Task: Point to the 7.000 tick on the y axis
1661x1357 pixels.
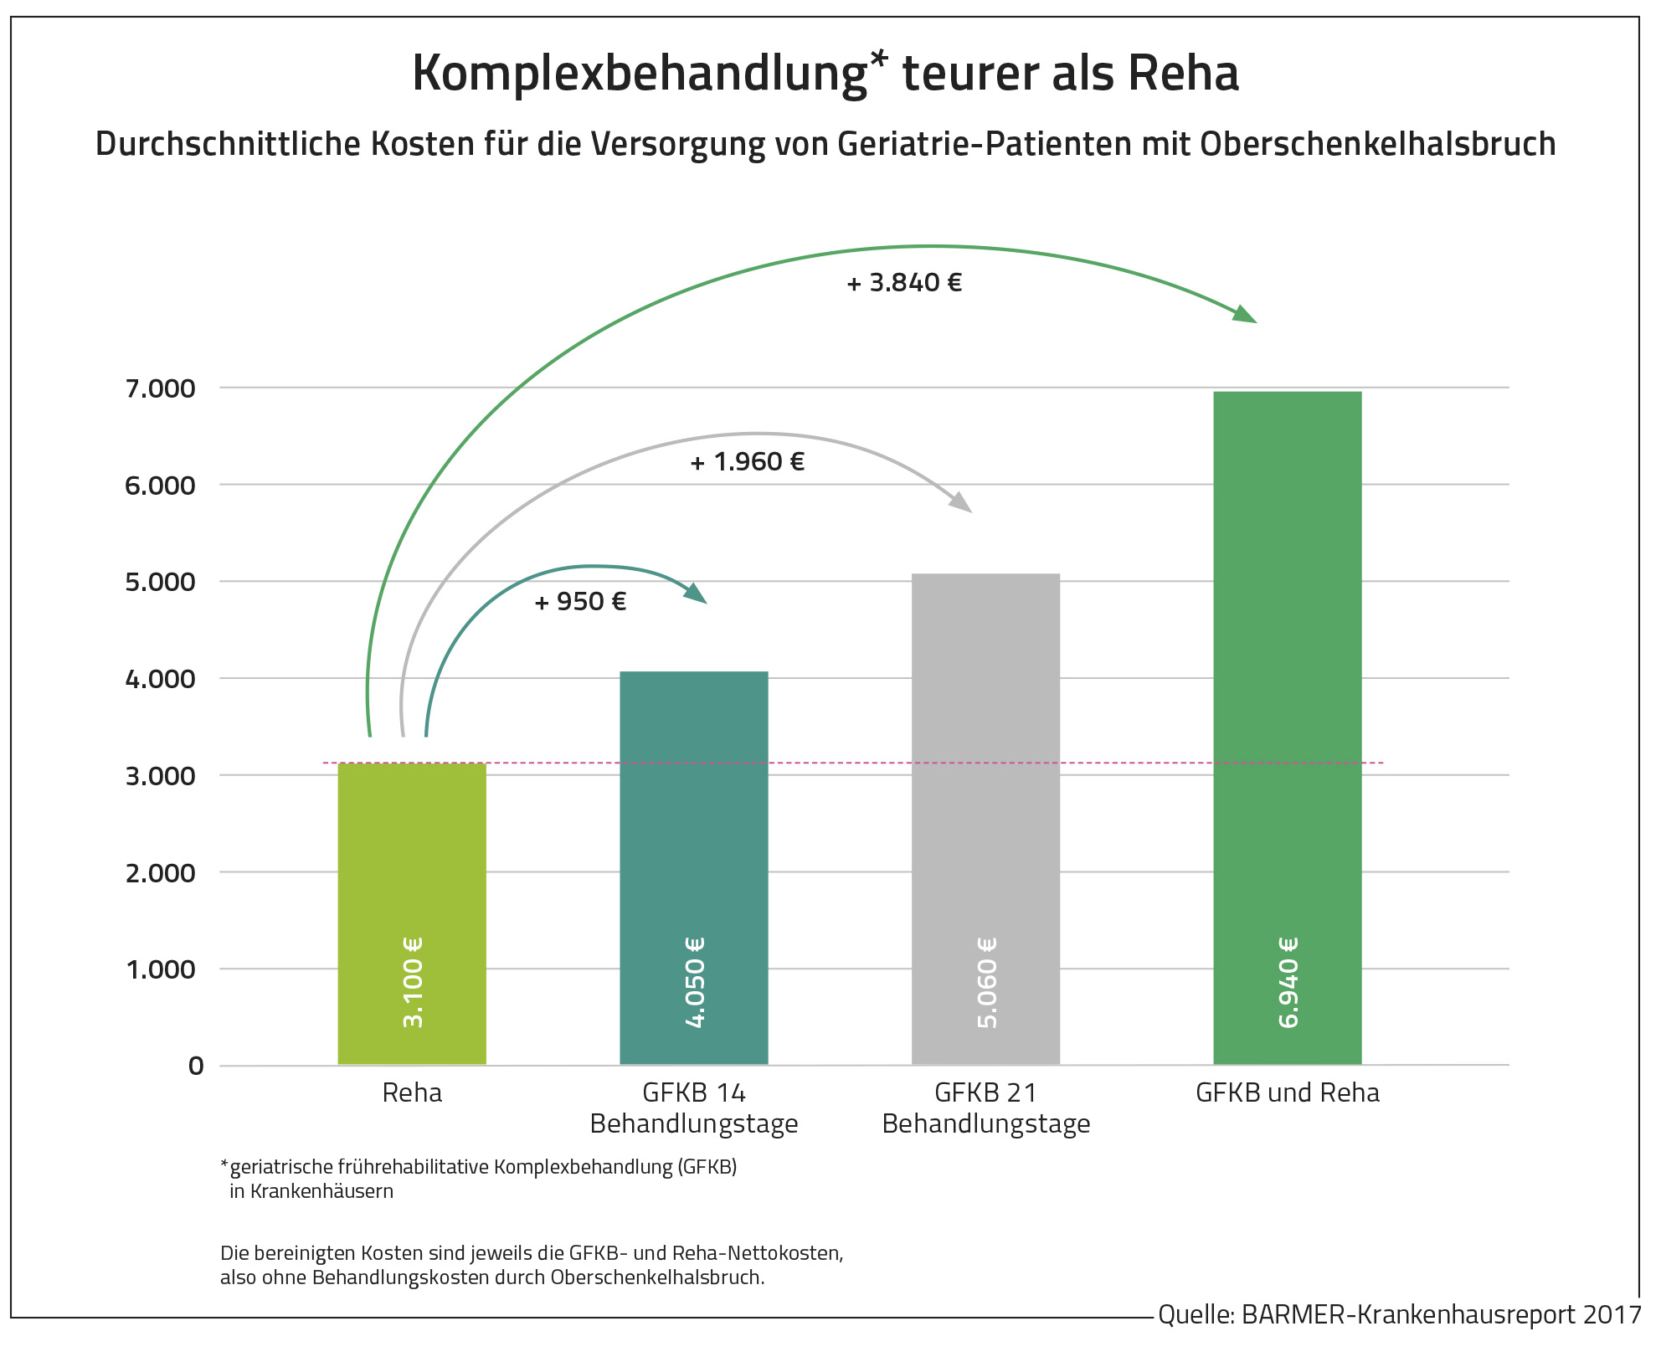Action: [x=160, y=388]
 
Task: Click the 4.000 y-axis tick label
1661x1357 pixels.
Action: [x=160, y=679]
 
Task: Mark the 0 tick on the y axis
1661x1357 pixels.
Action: [x=196, y=1066]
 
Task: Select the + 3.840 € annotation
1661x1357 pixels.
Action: [x=904, y=283]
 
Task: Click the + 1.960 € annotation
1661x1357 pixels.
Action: [x=747, y=462]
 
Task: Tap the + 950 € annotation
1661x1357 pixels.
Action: [x=580, y=602]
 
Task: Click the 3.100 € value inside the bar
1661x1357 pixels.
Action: [x=413, y=982]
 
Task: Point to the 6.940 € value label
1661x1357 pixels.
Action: [x=1288, y=982]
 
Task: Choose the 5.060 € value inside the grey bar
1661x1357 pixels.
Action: [x=986, y=982]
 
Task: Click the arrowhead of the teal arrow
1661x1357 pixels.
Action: [x=697, y=594]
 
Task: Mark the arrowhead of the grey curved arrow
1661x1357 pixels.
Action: [x=961, y=502]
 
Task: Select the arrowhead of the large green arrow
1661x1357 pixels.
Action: [x=1245, y=314]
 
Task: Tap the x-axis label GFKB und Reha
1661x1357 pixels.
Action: [x=1287, y=1092]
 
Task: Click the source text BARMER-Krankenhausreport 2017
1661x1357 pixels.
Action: [x=1440, y=1314]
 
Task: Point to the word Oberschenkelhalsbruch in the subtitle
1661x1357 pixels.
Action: [x=1377, y=144]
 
